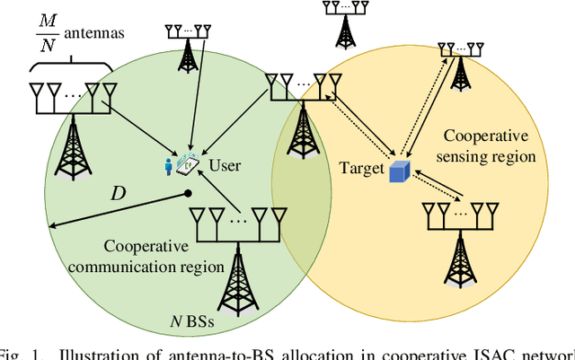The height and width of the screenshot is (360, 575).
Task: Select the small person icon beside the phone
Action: tap(168, 166)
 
